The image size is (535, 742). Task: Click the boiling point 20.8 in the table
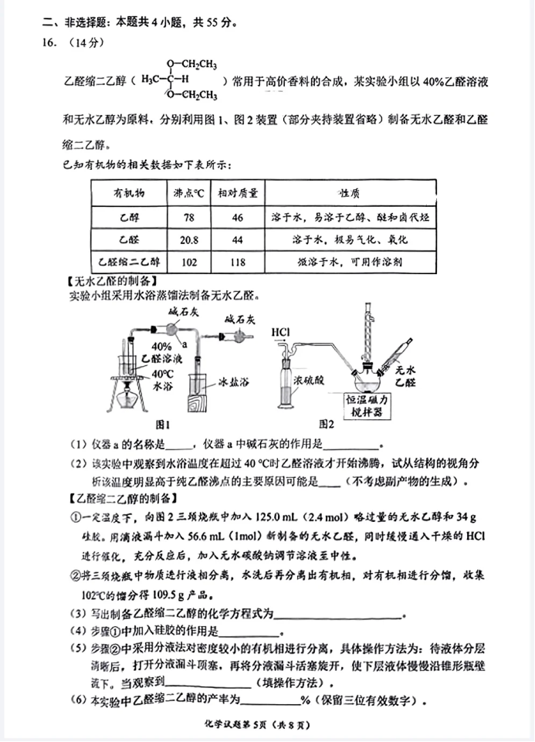[x=189, y=240]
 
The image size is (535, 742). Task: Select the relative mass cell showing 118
[x=237, y=263]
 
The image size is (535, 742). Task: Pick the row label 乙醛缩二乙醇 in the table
[x=124, y=263]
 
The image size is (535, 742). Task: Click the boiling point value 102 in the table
[x=189, y=263]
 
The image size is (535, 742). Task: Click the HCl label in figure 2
[x=280, y=333]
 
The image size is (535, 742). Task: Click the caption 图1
[x=163, y=424]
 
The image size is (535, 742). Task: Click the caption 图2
[x=327, y=424]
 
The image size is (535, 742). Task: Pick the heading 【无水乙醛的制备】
[x=112, y=280]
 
